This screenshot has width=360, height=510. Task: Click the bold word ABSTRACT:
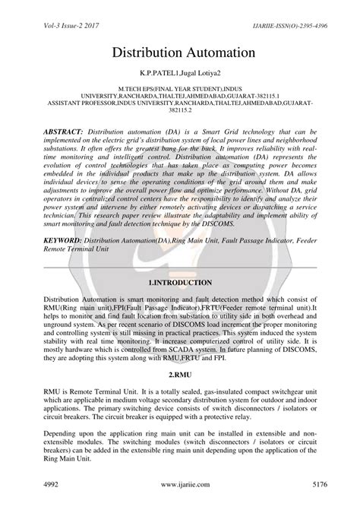tap(66, 132)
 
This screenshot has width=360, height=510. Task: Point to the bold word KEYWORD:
tap(64, 239)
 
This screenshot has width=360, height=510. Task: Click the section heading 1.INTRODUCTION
tap(179, 281)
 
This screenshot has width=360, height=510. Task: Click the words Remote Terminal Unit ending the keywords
tap(76, 248)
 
